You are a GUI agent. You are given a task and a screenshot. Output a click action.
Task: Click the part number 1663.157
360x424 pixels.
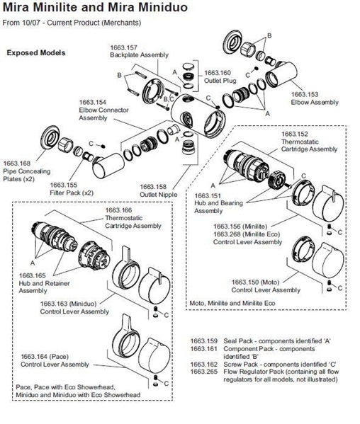click(123, 47)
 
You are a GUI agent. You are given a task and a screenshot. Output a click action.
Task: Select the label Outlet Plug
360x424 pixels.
click(220, 81)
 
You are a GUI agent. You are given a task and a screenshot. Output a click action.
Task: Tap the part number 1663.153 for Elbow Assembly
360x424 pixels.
click(305, 94)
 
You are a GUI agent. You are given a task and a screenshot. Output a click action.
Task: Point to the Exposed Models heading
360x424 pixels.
click(36, 52)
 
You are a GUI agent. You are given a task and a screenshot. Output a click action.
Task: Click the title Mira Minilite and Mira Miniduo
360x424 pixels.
click(95, 7)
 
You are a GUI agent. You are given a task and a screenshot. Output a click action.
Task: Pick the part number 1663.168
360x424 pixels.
click(17, 164)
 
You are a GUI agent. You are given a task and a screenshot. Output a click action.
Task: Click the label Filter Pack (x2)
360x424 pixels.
click(72, 193)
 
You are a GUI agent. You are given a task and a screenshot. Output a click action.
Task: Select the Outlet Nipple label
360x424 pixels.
click(158, 195)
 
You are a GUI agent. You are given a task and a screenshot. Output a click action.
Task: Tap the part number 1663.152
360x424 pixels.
click(295, 134)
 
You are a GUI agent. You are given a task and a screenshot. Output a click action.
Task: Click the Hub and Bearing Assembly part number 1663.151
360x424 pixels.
click(208, 195)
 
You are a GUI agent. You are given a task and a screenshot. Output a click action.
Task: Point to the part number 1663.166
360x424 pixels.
click(118, 210)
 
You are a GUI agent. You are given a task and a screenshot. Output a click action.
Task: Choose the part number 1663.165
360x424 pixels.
click(32, 275)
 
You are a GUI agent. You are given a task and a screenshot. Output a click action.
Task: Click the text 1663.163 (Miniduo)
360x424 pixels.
click(68, 304)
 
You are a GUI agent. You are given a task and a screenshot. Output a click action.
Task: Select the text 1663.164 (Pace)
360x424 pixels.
click(45, 357)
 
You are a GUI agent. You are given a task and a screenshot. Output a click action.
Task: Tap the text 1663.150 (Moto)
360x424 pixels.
click(255, 282)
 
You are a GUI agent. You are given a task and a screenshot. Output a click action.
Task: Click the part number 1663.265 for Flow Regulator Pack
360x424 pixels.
click(204, 372)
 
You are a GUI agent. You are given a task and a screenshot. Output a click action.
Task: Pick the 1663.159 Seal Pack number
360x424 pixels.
click(204, 341)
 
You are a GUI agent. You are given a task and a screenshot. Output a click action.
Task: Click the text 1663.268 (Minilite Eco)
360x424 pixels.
click(247, 234)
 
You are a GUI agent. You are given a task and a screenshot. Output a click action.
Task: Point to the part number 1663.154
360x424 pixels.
click(93, 102)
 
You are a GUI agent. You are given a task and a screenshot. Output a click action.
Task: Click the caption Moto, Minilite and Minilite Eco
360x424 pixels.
click(232, 303)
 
